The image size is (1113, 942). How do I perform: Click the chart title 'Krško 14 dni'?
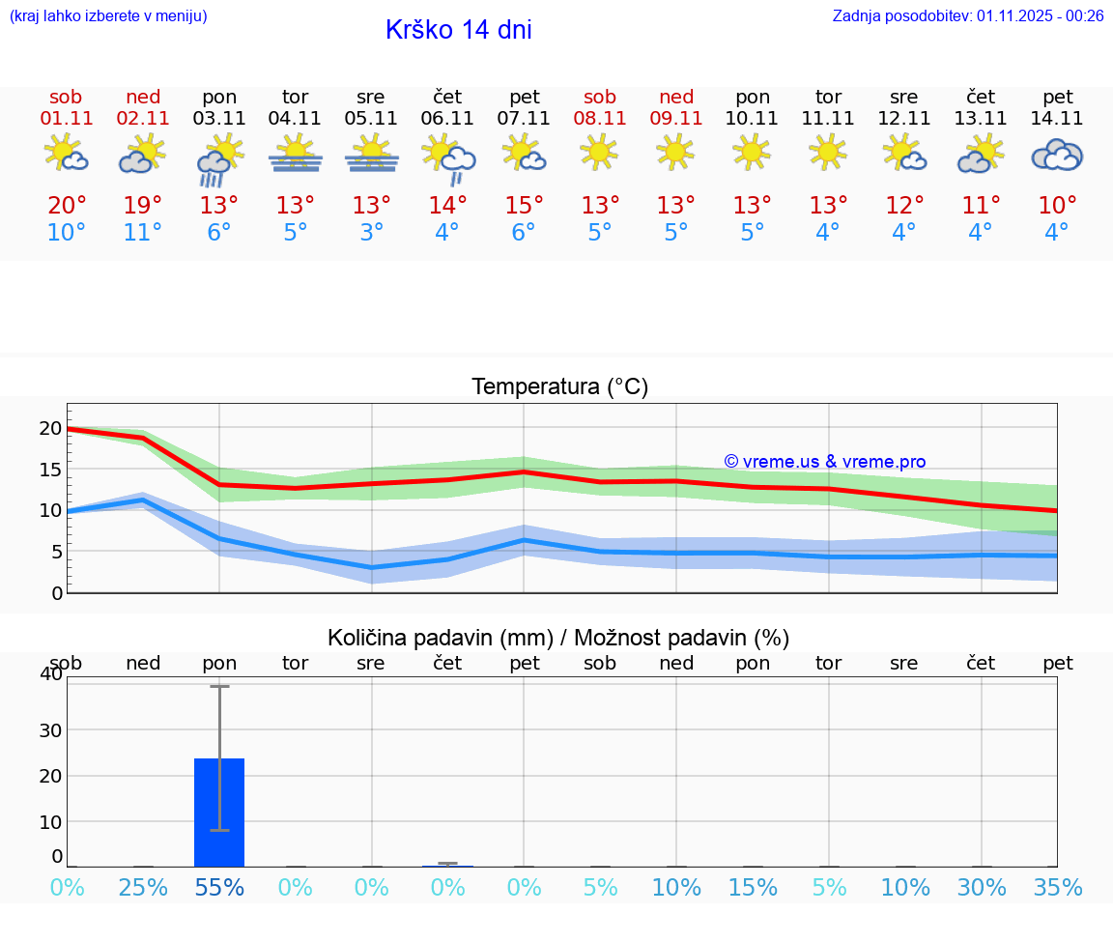click(458, 30)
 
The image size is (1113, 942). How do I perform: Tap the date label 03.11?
click(219, 119)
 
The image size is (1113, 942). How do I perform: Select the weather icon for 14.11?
click(1057, 156)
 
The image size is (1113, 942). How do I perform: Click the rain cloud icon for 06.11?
click(448, 157)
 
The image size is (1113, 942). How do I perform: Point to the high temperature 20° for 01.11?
click(67, 206)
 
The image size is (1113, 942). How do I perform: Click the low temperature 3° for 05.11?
click(372, 233)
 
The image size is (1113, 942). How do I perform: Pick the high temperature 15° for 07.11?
click(524, 206)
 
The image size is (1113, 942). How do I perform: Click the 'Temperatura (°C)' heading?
click(559, 387)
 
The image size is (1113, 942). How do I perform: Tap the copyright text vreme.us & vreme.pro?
click(824, 462)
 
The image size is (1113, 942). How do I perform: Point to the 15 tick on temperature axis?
click(50, 470)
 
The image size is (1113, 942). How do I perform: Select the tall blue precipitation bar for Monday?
click(219, 812)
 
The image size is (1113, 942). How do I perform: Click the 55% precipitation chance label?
click(219, 888)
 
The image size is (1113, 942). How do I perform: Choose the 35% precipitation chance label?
click(1058, 888)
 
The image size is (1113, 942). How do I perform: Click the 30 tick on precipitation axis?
click(50, 730)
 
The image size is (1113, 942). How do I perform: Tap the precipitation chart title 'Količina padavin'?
click(558, 638)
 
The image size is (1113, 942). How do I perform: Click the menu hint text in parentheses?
click(108, 15)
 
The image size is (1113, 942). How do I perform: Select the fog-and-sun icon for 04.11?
click(296, 155)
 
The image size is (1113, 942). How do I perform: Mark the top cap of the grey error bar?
click(219, 686)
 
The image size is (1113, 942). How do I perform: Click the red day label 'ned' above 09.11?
click(676, 97)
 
